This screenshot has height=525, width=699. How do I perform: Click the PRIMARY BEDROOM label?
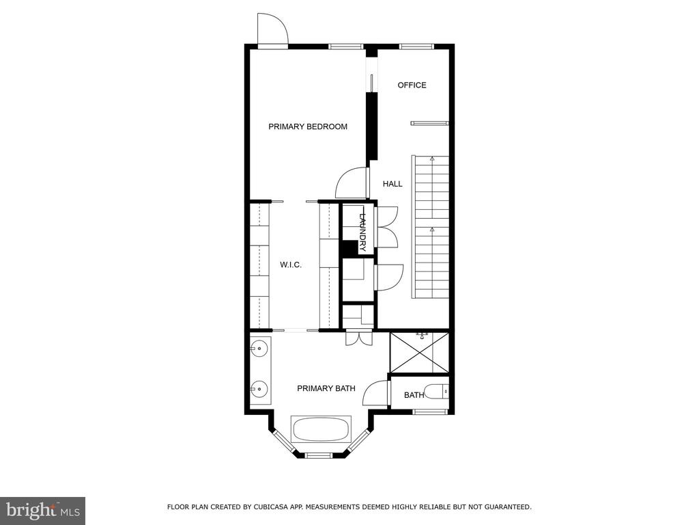point(308,126)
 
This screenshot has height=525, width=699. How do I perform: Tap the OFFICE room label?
point(412,85)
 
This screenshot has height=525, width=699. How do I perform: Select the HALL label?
point(393,183)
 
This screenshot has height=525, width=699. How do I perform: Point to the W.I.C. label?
point(291,265)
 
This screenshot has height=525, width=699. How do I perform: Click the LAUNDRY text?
point(362,232)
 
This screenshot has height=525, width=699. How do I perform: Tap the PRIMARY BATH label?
point(326,388)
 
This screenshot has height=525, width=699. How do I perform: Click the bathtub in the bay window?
point(321,429)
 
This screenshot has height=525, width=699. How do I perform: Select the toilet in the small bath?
point(437,392)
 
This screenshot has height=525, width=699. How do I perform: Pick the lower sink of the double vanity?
point(259,389)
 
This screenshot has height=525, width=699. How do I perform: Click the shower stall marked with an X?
point(419,353)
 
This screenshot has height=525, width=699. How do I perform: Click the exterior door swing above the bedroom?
point(272,29)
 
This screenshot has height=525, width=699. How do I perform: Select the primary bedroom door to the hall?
point(352,183)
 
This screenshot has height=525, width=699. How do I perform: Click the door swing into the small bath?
point(376,393)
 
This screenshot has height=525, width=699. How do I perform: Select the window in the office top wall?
point(416,46)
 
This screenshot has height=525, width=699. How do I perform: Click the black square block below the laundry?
point(350,247)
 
